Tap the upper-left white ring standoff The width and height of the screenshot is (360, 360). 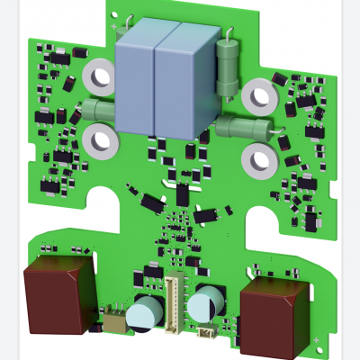pos(97,78)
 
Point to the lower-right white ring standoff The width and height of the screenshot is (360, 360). pos(260,159)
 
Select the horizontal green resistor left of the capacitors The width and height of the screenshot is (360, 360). pos(98,110)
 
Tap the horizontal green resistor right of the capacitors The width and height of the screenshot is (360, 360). pos(244,128)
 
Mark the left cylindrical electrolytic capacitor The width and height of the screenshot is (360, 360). pos(144,311)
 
